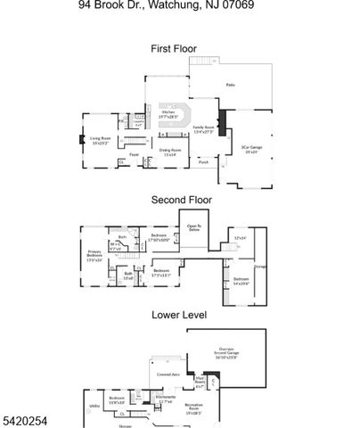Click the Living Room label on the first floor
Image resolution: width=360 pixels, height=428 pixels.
tap(99, 140)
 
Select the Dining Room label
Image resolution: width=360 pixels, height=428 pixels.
tap(169, 152)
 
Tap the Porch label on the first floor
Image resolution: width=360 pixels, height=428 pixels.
tap(203, 162)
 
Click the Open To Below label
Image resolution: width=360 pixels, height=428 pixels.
tap(193, 228)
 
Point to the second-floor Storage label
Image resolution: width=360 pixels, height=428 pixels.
tap(260, 266)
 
